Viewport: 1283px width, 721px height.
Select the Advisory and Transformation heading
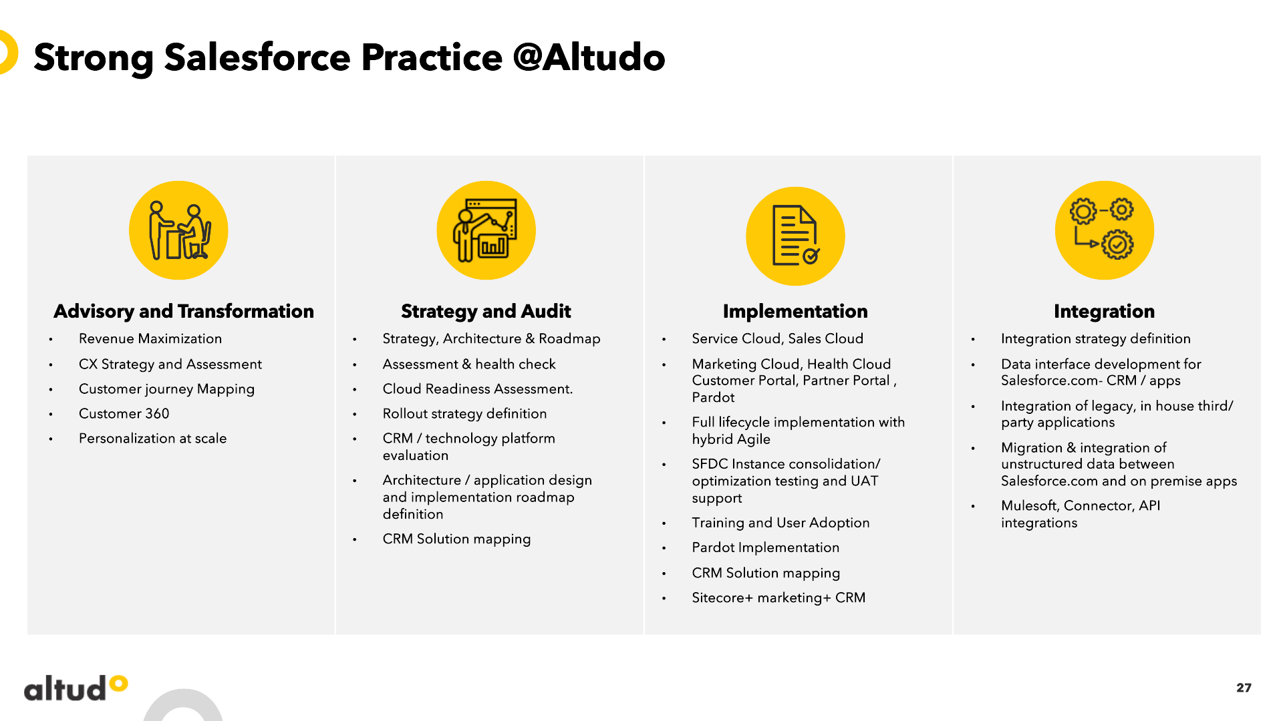click(x=184, y=311)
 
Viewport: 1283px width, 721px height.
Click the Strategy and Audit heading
click(x=486, y=311)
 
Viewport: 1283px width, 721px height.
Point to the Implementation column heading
click(x=795, y=311)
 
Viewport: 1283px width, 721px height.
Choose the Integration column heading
click(x=1104, y=311)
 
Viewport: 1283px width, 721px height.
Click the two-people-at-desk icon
click(x=179, y=230)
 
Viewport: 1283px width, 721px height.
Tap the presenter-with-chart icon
click(x=486, y=230)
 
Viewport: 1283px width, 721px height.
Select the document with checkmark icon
click(x=795, y=236)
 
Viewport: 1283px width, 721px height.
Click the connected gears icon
click(x=1105, y=230)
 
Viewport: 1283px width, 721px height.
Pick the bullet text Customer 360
click(x=124, y=414)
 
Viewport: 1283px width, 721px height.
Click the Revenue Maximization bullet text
click(x=150, y=338)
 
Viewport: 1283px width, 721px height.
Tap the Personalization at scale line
click(x=153, y=439)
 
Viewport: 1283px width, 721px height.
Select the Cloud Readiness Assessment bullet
click(x=478, y=389)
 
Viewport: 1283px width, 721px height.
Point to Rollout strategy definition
click(x=465, y=414)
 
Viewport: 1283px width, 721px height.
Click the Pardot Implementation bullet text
click(x=766, y=547)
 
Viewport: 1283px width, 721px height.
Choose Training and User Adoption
click(x=781, y=523)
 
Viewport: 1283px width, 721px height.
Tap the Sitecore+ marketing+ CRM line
click(x=779, y=597)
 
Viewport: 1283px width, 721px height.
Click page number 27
click(x=1244, y=688)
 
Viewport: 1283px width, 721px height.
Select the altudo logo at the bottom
click(x=76, y=688)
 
